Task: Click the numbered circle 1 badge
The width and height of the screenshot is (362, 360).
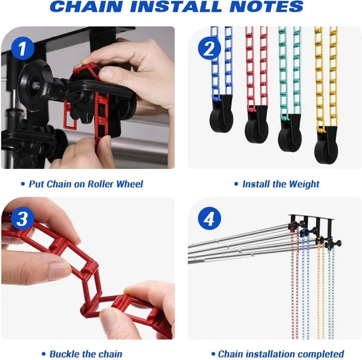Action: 23,49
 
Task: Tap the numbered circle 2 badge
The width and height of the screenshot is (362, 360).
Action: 209,49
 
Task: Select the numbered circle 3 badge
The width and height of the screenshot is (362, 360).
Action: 23,218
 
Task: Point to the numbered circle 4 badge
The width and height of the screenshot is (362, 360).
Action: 209,218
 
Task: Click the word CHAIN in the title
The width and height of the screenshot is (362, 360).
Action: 86,6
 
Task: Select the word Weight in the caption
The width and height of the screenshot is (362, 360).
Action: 304,184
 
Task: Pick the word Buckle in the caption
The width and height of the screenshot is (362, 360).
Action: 63,354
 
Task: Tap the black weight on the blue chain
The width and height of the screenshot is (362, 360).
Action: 221,114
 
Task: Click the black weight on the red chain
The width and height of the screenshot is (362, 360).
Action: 256,124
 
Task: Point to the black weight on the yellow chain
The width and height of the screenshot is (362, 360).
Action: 326,145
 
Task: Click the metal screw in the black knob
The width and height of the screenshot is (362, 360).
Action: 35,86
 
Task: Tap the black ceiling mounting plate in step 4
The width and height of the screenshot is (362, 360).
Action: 311,217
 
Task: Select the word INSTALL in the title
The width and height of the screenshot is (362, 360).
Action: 176,6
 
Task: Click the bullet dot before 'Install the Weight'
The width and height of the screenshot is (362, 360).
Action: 236,184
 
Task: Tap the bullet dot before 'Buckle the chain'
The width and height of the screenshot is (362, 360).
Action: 44,354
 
